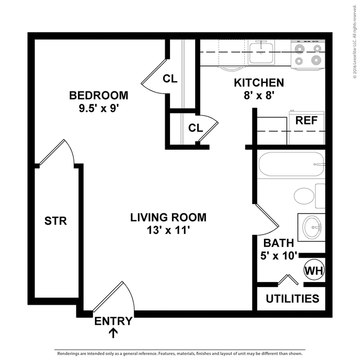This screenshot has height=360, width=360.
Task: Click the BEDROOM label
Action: (x=98, y=96)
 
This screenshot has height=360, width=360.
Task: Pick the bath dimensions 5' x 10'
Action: (x=279, y=256)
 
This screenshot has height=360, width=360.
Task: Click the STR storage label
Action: (x=56, y=221)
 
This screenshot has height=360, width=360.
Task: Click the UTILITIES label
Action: (x=292, y=299)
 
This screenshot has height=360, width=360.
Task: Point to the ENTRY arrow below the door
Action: (x=113, y=333)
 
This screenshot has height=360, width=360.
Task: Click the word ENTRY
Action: (x=113, y=321)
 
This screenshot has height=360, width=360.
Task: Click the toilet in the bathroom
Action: (x=306, y=197)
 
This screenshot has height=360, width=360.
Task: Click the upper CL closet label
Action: (x=170, y=79)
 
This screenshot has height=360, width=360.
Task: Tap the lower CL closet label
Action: (x=195, y=128)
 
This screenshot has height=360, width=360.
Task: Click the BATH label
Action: (x=278, y=243)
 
